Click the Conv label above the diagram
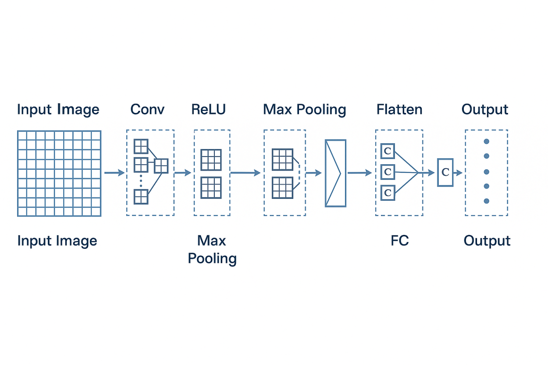147,109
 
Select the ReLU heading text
208,109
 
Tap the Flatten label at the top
399,109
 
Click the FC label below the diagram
399,241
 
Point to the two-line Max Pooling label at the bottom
212,249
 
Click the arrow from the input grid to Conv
114,173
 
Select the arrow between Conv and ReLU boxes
183,173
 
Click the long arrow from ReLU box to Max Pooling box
246,173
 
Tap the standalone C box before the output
445,172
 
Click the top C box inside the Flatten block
388,151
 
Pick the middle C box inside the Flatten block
388,172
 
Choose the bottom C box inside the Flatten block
388,193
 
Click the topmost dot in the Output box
486,141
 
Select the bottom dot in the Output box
486,201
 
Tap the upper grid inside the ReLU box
211,160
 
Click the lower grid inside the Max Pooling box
283,188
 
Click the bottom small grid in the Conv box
141,197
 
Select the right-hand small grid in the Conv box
161,166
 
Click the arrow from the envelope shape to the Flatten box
359,173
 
